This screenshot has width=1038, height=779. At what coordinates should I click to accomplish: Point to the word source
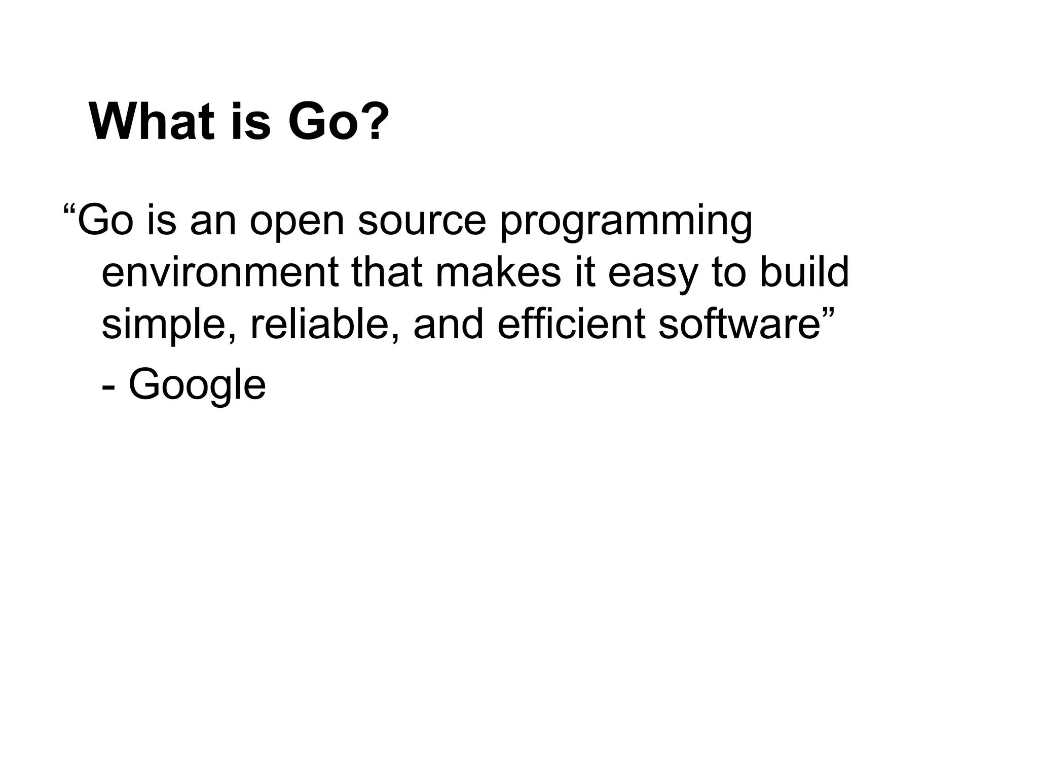click(x=422, y=222)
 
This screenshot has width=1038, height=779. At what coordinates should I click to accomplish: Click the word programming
click(x=626, y=222)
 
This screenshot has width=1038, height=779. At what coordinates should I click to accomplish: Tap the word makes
click(x=498, y=272)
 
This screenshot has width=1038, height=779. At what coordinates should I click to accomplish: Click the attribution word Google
click(x=197, y=385)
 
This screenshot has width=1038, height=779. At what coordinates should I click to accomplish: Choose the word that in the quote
click(x=387, y=272)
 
